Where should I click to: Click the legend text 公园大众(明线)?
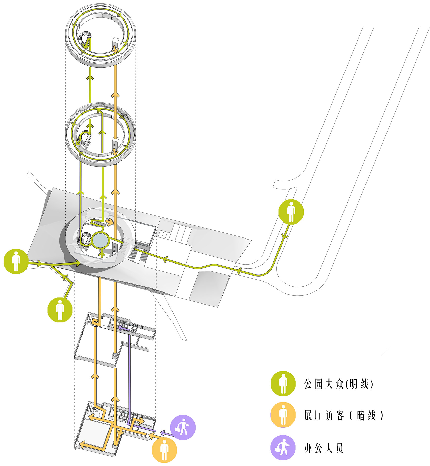[339, 384]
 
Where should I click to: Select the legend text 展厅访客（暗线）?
[344, 415]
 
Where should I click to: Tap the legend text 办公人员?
[324, 448]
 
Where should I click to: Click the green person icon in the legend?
[283, 384]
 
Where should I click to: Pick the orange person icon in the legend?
[283, 415]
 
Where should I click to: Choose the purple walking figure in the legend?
[283, 448]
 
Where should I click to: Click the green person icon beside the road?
[291, 212]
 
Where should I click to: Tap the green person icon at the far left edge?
[16, 261]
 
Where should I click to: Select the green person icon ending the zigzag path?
[60, 310]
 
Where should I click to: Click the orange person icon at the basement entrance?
[164, 450]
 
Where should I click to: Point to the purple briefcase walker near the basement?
[183, 428]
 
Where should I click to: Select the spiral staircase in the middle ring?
[84, 139]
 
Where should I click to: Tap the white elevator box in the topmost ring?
[115, 43]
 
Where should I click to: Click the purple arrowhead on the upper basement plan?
[120, 328]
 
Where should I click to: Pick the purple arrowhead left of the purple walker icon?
[163, 433]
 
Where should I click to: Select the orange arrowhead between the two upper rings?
[115, 95]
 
